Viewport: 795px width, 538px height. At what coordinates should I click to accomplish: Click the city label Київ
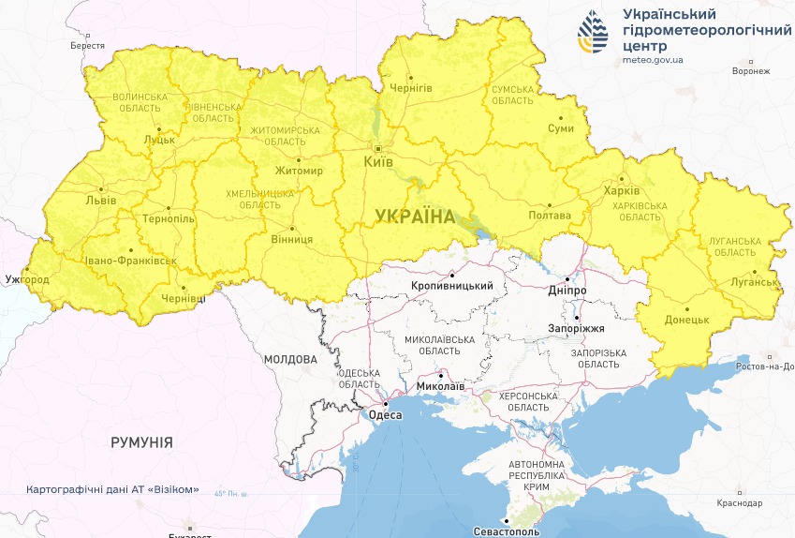click(377, 163)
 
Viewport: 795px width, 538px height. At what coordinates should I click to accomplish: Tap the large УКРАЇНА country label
click(414, 217)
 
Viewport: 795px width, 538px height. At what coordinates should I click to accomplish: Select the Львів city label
click(100, 201)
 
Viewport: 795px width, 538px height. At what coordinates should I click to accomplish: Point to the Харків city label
click(622, 191)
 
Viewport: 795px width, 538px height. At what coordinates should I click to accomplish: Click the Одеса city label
click(385, 414)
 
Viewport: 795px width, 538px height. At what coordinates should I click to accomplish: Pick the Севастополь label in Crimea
click(506, 531)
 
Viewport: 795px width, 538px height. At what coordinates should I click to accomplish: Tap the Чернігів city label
click(411, 87)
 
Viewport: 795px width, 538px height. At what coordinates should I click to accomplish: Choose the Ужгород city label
click(26, 279)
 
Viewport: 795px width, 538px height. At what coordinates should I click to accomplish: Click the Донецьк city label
click(688, 320)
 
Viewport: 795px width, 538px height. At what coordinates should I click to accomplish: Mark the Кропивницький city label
click(452, 285)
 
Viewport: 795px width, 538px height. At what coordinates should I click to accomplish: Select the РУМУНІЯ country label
click(141, 441)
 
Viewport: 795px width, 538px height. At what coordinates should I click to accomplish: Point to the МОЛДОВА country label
click(291, 359)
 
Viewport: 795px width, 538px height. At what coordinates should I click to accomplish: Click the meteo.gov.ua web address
click(653, 59)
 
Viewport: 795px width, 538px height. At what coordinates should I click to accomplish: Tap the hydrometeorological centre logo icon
click(593, 35)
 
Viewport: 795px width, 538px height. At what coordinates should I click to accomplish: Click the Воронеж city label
click(751, 71)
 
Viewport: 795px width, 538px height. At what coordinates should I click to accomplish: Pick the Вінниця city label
click(292, 239)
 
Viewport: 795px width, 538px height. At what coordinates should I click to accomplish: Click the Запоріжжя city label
click(577, 329)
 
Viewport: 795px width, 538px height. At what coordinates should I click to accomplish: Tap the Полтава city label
click(550, 216)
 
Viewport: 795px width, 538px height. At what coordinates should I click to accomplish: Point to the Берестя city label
click(88, 45)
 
